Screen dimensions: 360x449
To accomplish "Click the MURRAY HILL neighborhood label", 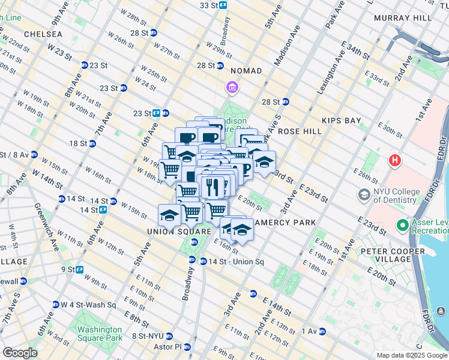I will [x=402, y=18].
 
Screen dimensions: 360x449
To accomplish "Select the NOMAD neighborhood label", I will [x=246, y=71].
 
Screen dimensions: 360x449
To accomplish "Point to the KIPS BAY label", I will [x=342, y=121].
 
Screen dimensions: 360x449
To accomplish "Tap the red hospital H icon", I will [x=394, y=161].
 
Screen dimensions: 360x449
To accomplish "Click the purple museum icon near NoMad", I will [x=232, y=89].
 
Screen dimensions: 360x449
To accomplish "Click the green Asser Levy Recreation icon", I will [x=402, y=226].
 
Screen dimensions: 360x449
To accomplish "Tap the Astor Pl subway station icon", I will [x=187, y=347].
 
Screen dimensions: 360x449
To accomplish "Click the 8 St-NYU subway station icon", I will [x=169, y=337].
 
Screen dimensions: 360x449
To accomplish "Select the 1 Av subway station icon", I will [x=322, y=331].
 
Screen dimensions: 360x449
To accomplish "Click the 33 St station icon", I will [x=223, y=5].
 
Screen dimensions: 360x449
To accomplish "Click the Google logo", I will [x=20, y=353].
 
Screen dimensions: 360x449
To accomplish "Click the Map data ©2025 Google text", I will [x=411, y=355].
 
